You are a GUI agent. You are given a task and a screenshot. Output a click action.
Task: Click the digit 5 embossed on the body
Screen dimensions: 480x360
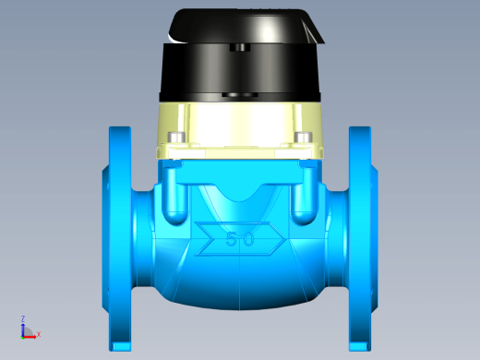232,239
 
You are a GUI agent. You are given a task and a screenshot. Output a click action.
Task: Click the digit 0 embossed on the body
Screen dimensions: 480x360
248,239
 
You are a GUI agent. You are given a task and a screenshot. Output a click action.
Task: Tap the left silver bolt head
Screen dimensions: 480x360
176,138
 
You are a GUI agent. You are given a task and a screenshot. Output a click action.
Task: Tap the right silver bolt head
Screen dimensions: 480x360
303,138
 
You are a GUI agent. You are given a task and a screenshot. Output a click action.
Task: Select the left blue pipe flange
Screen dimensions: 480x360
120,238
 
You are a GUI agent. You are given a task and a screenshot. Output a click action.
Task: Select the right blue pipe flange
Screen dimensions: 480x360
360,238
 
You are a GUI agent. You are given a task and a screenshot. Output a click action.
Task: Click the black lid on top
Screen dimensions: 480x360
246,26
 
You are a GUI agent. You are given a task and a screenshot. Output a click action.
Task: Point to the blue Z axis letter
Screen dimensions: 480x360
23,318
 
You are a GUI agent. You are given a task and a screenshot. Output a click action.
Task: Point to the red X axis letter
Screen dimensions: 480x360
39,334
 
